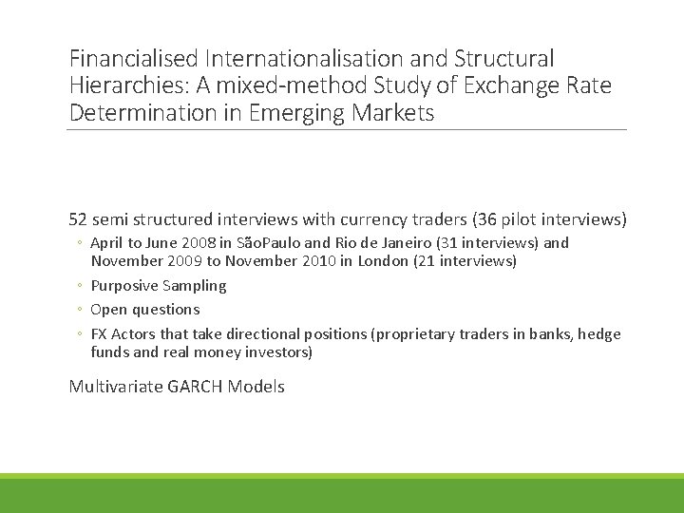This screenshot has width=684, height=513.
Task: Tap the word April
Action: pos(108,243)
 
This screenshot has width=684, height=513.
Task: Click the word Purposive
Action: pos(123,286)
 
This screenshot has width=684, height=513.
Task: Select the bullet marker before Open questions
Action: pos(81,310)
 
